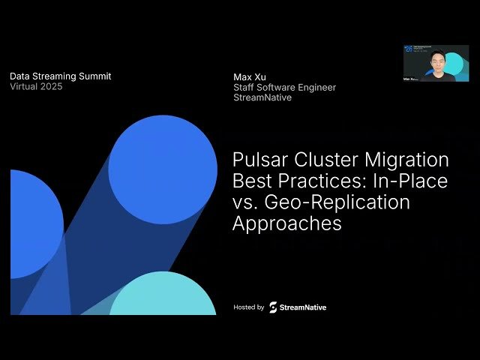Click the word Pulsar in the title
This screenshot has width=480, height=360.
click(x=258, y=160)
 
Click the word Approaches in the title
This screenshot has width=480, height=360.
click(x=287, y=223)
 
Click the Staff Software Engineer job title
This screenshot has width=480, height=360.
click(x=285, y=87)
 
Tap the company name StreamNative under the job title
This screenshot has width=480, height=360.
click(x=262, y=97)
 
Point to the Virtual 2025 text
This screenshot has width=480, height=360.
click(x=36, y=86)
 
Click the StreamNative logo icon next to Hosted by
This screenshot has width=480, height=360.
click(x=273, y=307)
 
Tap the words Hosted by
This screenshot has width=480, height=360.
click(x=249, y=307)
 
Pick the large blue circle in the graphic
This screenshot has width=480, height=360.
click(x=163, y=169)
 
